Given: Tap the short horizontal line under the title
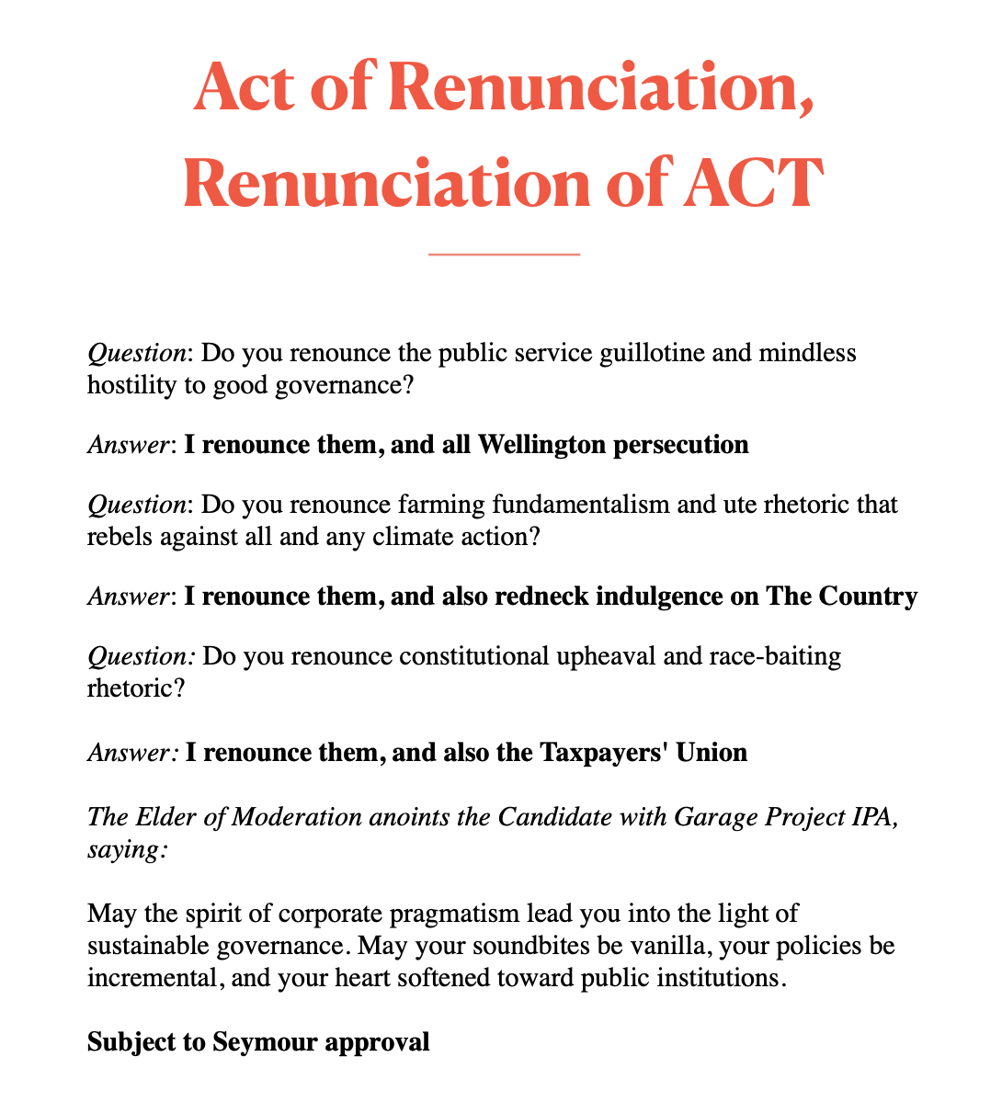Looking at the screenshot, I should tap(504, 253).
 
